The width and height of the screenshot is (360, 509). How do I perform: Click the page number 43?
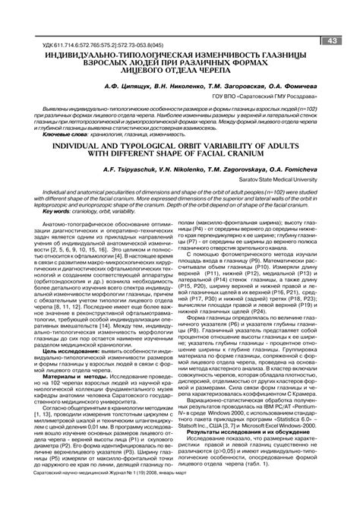coord(333,40)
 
